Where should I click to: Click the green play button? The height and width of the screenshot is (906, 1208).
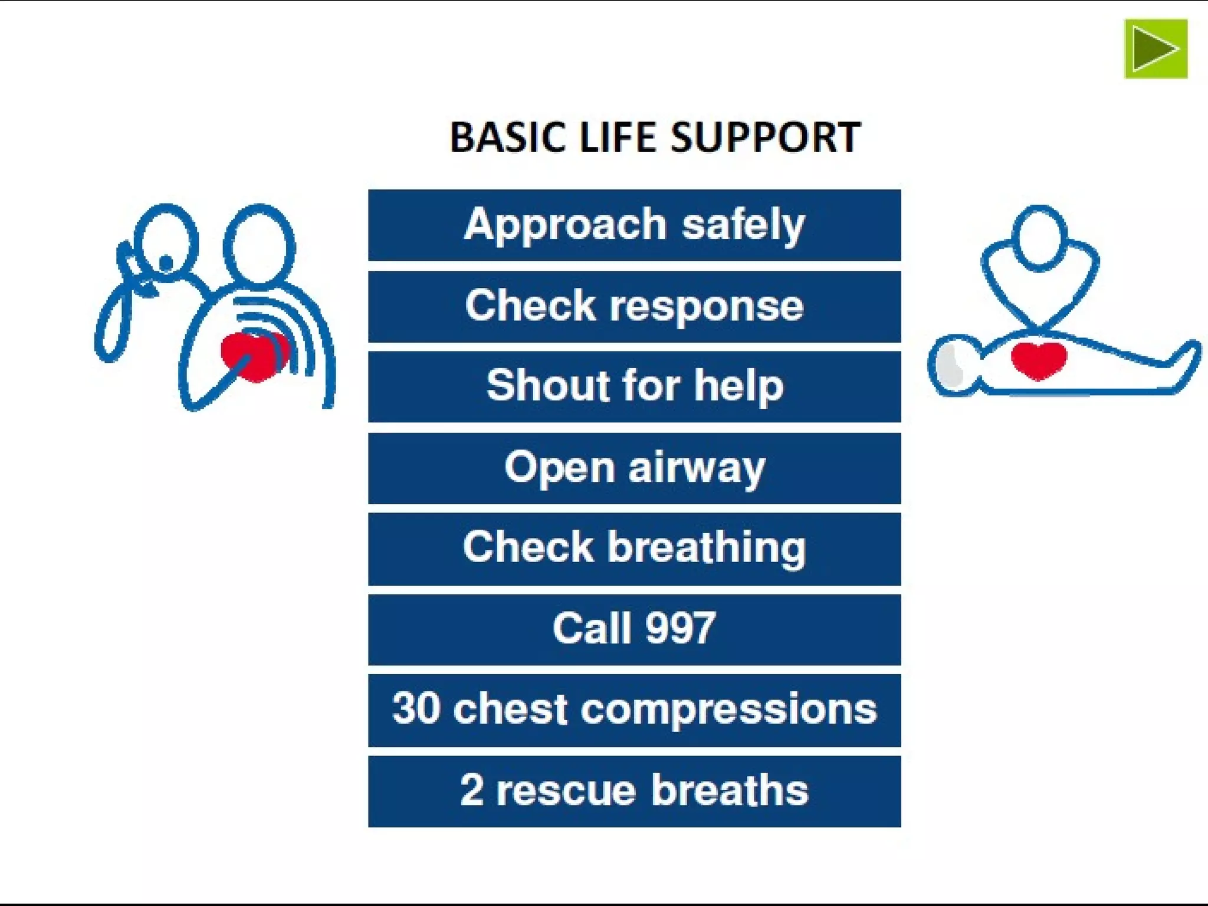tap(1156, 48)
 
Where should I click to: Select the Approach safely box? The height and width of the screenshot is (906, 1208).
tap(634, 225)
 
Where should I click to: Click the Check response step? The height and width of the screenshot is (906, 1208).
tap(634, 306)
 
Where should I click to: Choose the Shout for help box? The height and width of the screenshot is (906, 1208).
tap(634, 386)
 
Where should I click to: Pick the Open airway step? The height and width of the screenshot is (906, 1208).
tap(634, 468)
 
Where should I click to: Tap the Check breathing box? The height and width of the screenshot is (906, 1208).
tap(634, 549)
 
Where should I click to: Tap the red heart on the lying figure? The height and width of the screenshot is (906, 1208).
tap(1039, 360)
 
